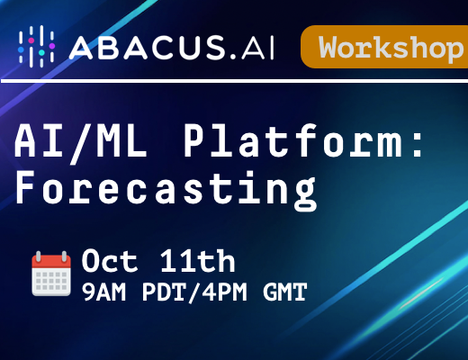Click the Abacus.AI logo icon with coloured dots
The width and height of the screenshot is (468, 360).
[x=36, y=47]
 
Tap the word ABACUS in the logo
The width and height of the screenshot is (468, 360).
[x=147, y=48]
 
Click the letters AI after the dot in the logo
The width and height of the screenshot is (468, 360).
[x=257, y=48]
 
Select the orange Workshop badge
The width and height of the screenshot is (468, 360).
[x=384, y=47]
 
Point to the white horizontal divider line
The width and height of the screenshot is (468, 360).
[x=234, y=81]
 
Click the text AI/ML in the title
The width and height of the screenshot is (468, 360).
[x=81, y=141]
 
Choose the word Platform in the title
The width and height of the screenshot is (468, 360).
[x=292, y=140]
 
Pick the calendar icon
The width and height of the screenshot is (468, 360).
[x=51, y=274]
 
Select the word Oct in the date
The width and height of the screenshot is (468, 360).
[x=109, y=261]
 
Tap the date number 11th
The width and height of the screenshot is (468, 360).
[x=197, y=260]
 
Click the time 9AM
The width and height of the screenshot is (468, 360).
[x=104, y=292]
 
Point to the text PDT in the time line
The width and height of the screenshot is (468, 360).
[x=165, y=292]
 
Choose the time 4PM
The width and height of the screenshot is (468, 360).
[x=225, y=292]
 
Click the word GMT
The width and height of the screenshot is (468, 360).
[x=285, y=292]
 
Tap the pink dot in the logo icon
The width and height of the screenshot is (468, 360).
[x=31, y=40]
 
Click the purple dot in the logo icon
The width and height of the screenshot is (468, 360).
[x=52, y=46]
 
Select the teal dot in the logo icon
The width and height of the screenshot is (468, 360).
[x=41, y=52]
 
